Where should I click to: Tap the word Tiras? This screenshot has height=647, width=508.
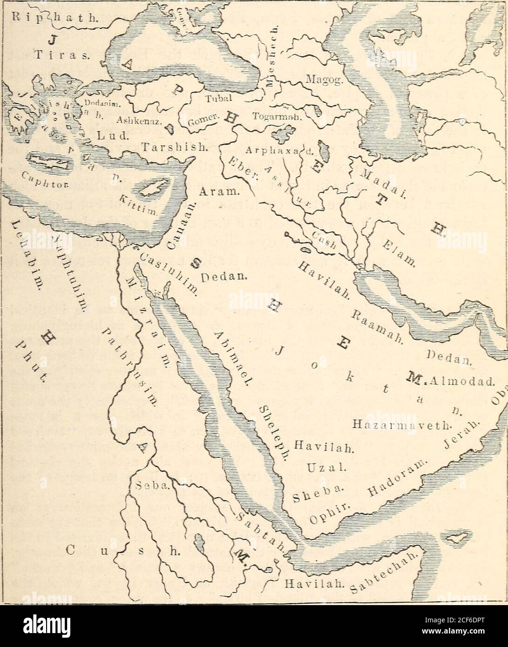coord(67,58)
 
